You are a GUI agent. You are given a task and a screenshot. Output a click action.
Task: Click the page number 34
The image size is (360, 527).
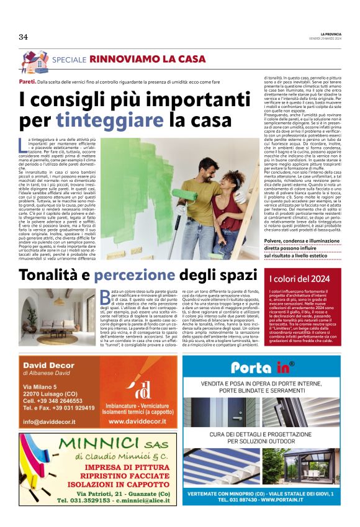coord(24,37)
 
